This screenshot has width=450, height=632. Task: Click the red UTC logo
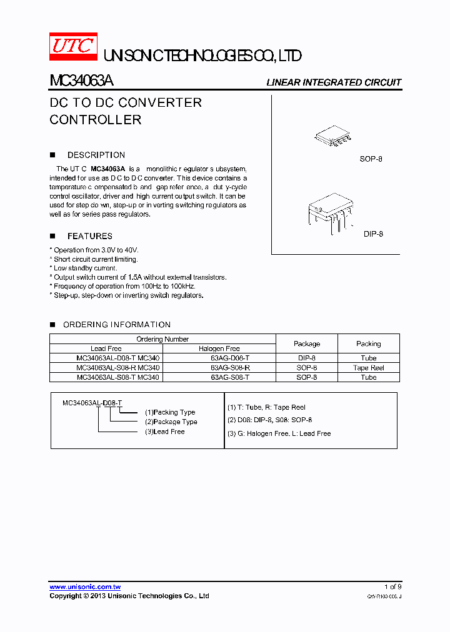click(74, 46)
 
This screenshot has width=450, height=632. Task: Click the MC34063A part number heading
click(81, 82)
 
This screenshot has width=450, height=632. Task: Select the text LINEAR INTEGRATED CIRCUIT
click(334, 82)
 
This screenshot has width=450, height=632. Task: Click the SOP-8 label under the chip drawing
click(371, 159)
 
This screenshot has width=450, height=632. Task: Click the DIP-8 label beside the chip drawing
click(373, 234)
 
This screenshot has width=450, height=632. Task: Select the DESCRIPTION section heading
click(96, 155)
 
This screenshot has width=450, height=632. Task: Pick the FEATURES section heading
click(89, 236)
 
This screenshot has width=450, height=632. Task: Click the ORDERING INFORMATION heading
click(116, 325)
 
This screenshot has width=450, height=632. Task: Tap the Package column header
click(306, 343)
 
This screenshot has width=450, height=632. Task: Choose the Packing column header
click(368, 343)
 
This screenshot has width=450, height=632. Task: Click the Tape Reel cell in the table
click(368, 368)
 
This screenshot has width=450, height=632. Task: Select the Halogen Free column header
click(219, 348)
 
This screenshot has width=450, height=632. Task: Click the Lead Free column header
click(106, 348)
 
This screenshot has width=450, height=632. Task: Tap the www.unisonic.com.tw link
click(85, 587)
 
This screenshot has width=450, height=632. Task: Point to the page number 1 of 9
click(392, 587)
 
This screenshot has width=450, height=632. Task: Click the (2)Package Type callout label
click(171, 422)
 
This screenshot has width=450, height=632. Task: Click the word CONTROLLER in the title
click(96, 120)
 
